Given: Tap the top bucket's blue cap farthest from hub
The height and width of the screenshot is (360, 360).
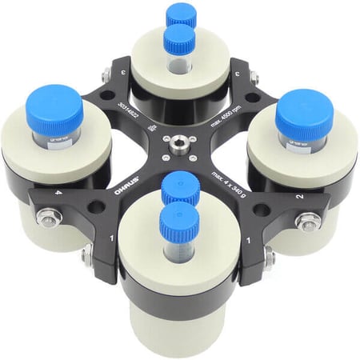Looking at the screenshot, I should [x=182, y=14].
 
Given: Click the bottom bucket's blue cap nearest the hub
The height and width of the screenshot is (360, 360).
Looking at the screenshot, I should [x=179, y=189].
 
